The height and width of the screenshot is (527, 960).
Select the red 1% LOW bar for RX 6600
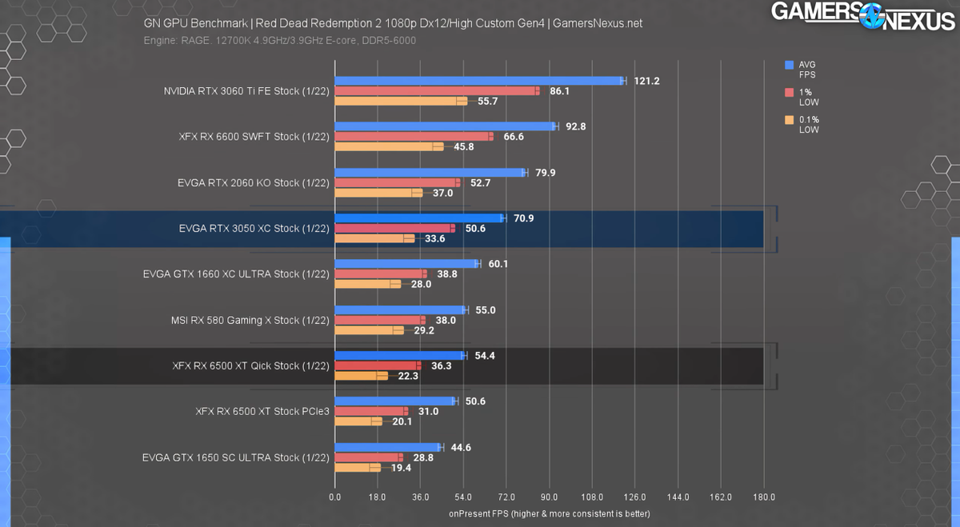click(413, 137)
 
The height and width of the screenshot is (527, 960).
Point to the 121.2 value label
click(646, 81)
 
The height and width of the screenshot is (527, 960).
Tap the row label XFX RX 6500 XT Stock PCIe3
click(262, 412)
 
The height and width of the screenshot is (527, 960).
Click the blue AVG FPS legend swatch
click(790, 65)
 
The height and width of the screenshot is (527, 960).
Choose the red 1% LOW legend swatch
click(790, 93)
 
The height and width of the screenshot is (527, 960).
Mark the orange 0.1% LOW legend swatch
click(790, 121)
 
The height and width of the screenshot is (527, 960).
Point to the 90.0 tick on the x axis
click(549, 497)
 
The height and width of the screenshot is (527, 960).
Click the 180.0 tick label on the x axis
click(763, 497)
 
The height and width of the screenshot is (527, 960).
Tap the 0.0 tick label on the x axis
click(335, 497)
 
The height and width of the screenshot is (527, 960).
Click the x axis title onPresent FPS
click(549, 513)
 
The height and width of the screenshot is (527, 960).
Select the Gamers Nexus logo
click(864, 15)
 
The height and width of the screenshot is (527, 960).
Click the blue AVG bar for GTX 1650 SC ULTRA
click(387, 447)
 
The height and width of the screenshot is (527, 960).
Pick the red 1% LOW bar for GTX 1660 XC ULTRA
click(379, 274)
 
